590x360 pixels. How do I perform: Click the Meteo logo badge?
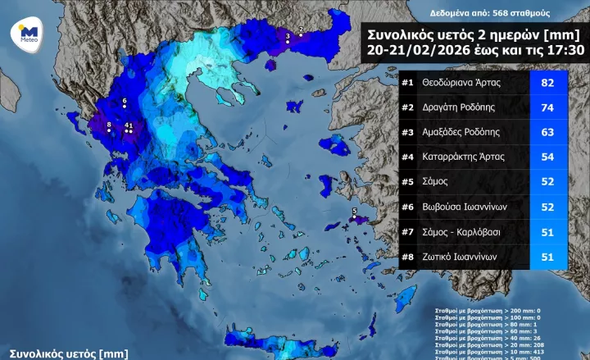pos(26,34)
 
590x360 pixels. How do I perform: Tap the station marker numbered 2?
pos(301,34)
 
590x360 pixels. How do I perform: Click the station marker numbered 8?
pos(109,130)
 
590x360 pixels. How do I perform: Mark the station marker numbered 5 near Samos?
pos(354,217)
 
